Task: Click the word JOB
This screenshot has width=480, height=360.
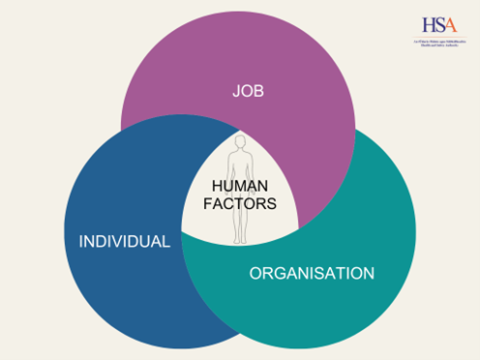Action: [x=249, y=92]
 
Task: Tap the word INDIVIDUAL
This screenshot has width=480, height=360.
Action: [x=124, y=240]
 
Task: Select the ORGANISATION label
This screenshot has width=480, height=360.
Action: [x=312, y=274]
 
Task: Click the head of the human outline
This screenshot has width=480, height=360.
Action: [x=240, y=141]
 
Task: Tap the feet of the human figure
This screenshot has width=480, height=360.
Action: [x=239, y=241]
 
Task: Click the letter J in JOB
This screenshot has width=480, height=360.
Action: [x=235, y=92]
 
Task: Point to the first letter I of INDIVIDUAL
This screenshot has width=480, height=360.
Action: [x=81, y=240]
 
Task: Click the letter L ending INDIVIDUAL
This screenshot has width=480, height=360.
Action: [x=166, y=240]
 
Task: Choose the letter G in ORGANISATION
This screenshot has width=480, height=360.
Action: [x=279, y=274]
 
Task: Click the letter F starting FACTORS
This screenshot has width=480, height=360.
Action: [x=214, y=204]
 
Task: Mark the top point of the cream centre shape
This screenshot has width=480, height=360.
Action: [x=240, y=128]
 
